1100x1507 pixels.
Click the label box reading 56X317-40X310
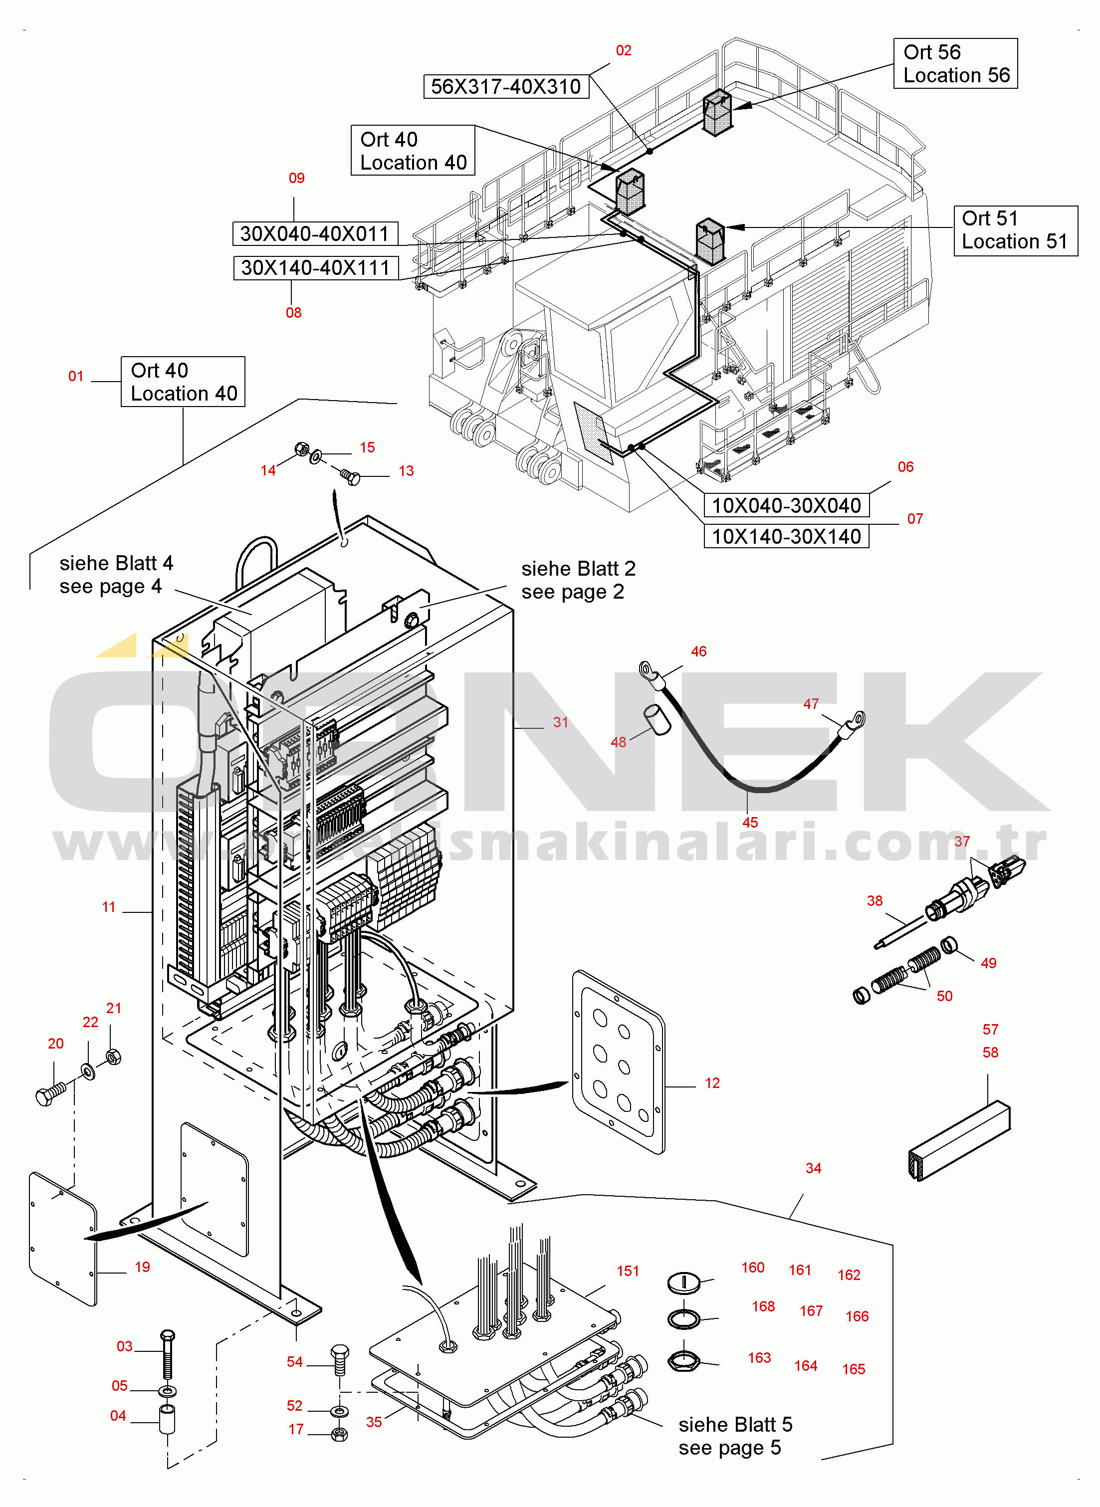(x=506, y=86)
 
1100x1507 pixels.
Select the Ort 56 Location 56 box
(x=955, y=63)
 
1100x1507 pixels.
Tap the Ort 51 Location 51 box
(x=1015, y=230)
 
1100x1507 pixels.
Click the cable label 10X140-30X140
(x=786, y=536)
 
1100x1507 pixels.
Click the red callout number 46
(x=698, y=651)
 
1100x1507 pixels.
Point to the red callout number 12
(x=712, y=1083)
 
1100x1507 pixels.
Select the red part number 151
(x=628, y=1272)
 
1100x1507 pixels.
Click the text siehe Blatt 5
(x=735, y=1425)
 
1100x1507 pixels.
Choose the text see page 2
(x=573, y=592)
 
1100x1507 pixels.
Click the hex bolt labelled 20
(x=50, y=1093)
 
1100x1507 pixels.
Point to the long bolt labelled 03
(x=168, y=1354)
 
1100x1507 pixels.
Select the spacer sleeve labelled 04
(x=167, y=1420)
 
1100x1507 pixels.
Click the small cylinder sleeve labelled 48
(x=657, y=720)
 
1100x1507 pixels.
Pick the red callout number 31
(x=561, y=722)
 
